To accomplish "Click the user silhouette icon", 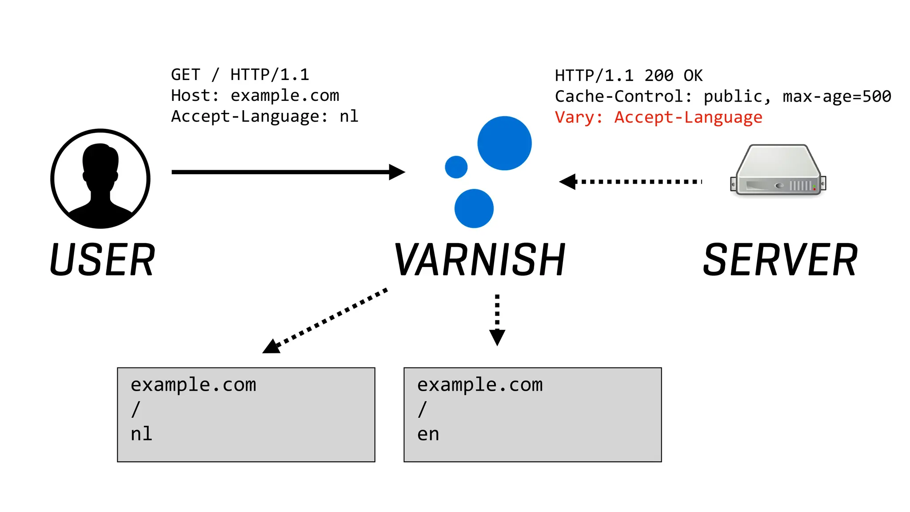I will point(100,179).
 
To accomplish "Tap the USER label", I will point(103,260).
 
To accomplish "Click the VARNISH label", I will point(480,260).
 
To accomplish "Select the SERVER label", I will point(780,260).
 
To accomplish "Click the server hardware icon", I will point(778,171).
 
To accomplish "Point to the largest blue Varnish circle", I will point(504,143).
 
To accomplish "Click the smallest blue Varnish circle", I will point(456,167).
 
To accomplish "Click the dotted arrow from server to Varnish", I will point(631,181).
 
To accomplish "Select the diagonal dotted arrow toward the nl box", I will point(325,321).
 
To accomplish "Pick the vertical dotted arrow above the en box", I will point(497,320).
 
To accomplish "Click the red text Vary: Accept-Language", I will point(659,117).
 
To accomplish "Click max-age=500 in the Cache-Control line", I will point(837,96).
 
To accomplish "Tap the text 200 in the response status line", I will point(659,76).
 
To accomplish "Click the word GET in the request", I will point(186,75).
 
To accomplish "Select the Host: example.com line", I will point(255,96).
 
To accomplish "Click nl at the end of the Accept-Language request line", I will point(349,116).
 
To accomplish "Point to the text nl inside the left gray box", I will point(141,434).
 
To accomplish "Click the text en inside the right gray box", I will point(428,434).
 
